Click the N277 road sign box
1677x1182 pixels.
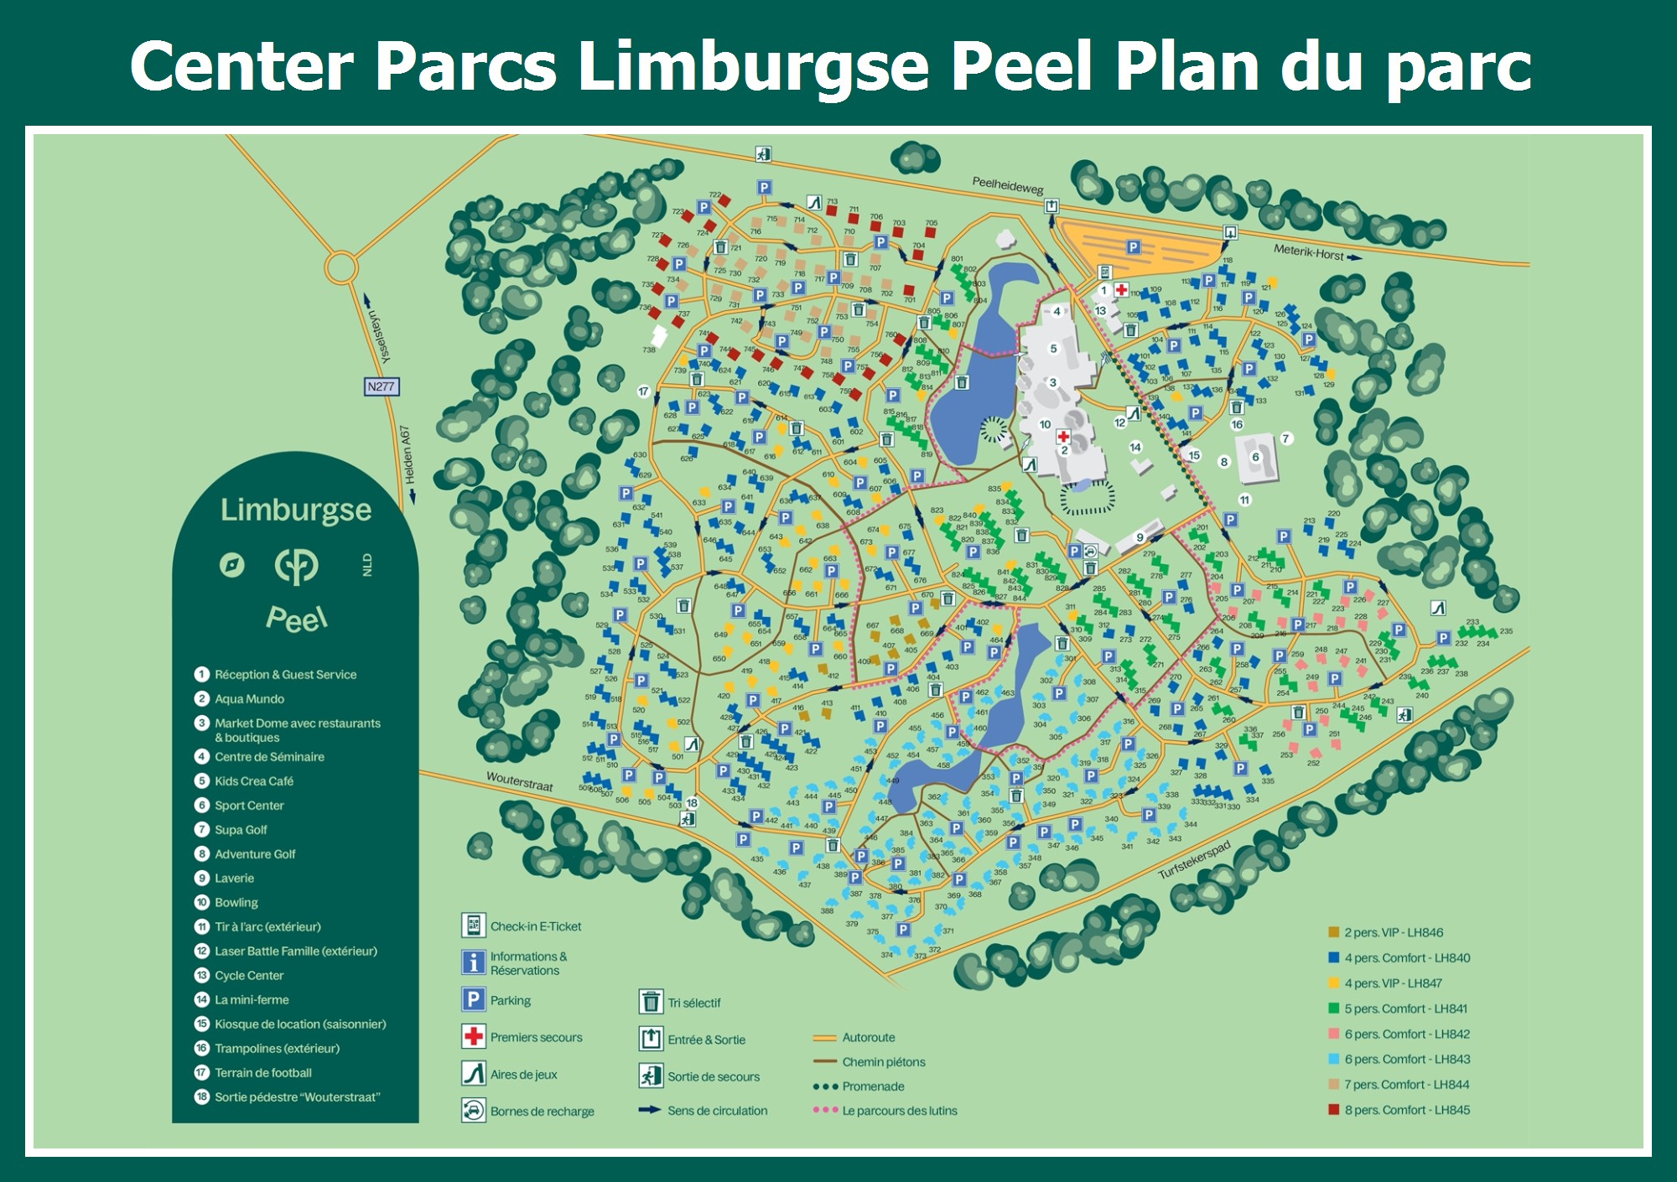[382, 386]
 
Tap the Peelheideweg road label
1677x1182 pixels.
[1007, 186]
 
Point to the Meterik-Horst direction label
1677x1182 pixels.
[1309, 252]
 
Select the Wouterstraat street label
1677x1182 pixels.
[520, 781]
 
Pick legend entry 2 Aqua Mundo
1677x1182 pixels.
[249, 699]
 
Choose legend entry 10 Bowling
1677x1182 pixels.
[236, 903]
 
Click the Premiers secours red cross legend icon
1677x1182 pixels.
[473, 1037]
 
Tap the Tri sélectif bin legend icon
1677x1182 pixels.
[651, 1002]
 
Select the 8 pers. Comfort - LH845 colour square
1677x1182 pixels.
[1333, 1110]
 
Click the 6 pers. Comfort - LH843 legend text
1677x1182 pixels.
[1407, 1060]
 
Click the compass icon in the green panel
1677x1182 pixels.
[232, 565]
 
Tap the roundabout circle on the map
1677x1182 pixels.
[341, 268]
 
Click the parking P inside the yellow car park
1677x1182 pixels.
[1133, 247]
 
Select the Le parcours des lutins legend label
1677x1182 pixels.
[899, 1111]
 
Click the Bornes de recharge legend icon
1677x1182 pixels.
[473, 1111]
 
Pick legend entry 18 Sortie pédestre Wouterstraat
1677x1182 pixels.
[297, 1097]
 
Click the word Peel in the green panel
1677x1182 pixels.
[296, 620]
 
